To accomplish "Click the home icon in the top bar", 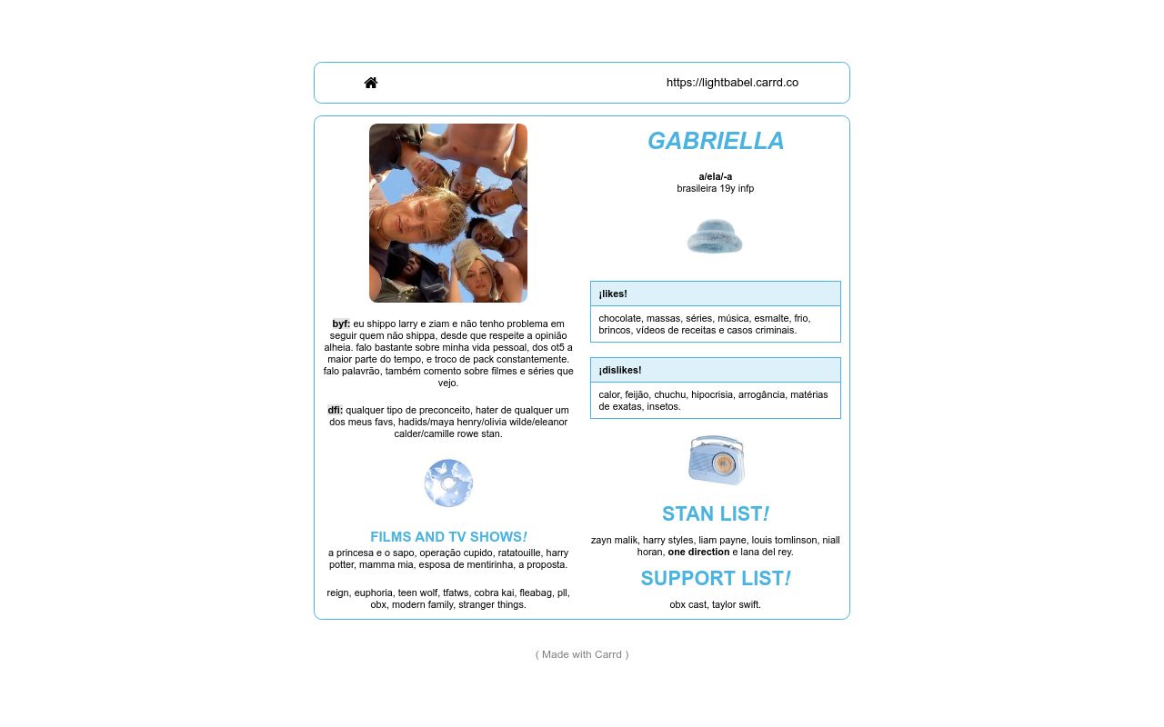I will click(371, 83).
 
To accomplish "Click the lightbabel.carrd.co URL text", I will click(732, 83).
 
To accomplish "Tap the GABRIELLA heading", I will click(716, 141).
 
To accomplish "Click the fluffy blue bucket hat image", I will click(715, 236).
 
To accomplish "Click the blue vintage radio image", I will click(717, 460).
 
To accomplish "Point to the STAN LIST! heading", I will click(716, 513).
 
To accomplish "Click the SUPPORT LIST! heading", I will click(716, 578).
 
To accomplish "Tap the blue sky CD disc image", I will click(448, 483).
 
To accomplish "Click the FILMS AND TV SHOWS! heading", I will click(448, 537).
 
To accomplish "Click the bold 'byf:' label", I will click(341, 324).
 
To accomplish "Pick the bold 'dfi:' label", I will click(336, 410).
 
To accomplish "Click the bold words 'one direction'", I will click(698, 552).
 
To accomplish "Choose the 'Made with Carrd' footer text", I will click(582, 654).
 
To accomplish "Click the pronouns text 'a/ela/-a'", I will click(716, 176).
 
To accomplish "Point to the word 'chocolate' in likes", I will click(619, 318).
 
